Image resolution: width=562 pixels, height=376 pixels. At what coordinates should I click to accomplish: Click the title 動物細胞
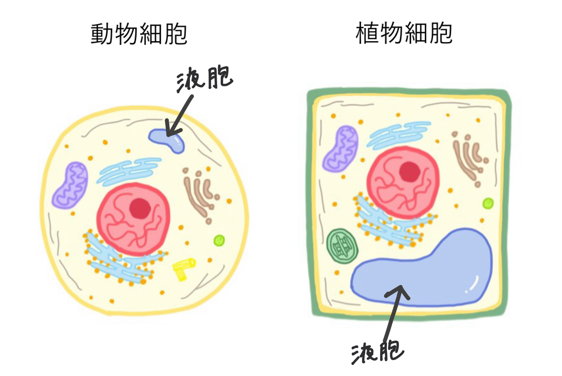139,34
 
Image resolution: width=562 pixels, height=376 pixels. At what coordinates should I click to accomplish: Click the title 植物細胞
404,33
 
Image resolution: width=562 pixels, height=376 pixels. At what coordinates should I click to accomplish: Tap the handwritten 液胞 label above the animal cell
204,78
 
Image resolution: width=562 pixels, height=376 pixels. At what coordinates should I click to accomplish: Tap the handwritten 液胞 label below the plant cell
377,352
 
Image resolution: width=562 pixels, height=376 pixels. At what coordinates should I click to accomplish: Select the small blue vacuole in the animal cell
168,140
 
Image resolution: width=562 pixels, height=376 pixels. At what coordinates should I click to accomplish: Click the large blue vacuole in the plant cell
428,275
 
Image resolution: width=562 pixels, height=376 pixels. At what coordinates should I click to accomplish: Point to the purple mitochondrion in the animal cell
70,185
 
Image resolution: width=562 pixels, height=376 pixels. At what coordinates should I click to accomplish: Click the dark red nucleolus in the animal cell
140,208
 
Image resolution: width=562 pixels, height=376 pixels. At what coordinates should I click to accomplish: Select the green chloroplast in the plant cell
342,246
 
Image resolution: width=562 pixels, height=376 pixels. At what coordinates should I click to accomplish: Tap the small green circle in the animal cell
219,241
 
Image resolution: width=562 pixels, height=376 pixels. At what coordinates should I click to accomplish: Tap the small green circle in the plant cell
488,203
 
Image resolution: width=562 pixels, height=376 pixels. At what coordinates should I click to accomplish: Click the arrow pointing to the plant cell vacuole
394,311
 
